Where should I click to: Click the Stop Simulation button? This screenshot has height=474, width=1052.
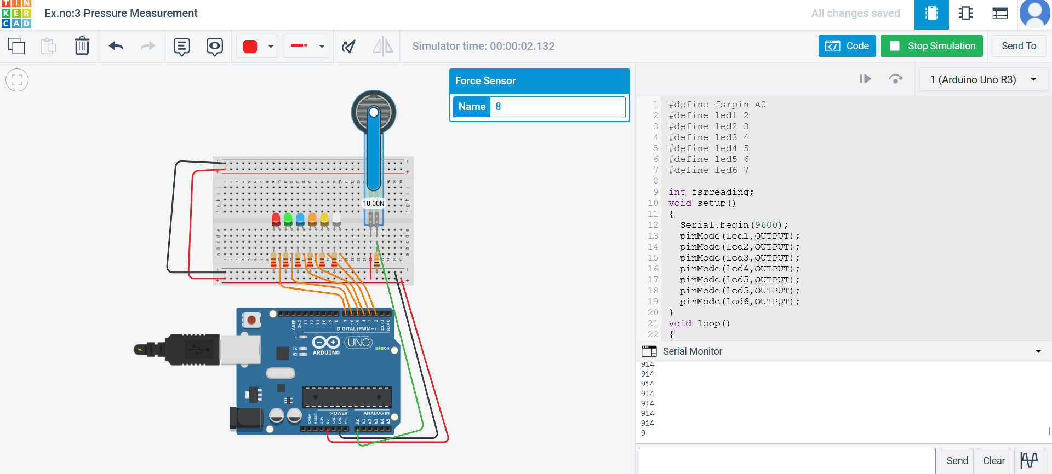coord(931,46)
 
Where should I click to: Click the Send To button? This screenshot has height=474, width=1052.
coord(1018,46)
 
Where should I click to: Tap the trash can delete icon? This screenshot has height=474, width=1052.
coord(82,46)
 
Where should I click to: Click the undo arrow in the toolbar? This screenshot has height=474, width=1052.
coord(116,46)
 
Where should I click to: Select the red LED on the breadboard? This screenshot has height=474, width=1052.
coord(276,219)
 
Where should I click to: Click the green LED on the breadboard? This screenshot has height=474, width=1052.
coord(288,219)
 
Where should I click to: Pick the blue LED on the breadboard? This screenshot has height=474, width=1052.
coord(300,219)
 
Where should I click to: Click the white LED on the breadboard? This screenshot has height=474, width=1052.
coord(336,219)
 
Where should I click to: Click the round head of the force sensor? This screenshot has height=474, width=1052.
coord(373,112)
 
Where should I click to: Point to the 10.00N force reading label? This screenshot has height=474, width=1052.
coord(374,204)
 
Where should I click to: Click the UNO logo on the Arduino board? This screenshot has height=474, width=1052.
coord(358,343)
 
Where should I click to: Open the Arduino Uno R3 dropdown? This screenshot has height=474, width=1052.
coord(983,80)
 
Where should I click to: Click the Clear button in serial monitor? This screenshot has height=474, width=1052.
coord(993,461)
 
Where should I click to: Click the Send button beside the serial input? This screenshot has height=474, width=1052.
coord(957,461)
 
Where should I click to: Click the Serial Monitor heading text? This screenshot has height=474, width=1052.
coord(692,351)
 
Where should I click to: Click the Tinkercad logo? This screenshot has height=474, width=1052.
coord(16,14)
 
